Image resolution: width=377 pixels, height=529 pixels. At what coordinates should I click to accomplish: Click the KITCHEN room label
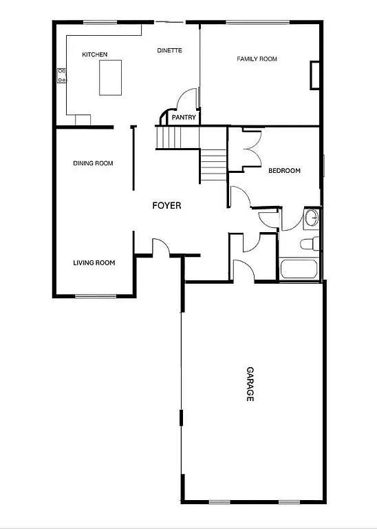point(94,54)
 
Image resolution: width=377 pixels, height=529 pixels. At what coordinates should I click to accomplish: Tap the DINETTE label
point(169,50)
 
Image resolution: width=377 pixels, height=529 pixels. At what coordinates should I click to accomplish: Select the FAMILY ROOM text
point(257,59)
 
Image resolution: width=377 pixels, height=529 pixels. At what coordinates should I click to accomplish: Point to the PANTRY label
point(184,118)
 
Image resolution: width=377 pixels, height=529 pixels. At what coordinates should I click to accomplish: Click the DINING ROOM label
point(93,163)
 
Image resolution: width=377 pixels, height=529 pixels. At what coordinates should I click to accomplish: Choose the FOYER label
point(166,205)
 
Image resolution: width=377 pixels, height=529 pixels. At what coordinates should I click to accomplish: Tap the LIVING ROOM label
point(94,262)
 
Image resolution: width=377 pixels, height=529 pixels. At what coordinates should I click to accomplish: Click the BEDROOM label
point(284,171)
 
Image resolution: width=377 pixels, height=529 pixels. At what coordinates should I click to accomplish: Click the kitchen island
point(111,77)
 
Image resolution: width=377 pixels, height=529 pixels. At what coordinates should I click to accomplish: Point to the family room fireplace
point(315,75)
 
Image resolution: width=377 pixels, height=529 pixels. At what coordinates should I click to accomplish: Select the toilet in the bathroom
point(310,243)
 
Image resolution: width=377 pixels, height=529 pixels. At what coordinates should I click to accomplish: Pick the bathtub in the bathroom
point(299,269)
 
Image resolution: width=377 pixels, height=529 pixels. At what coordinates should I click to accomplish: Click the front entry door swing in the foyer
point(160,246)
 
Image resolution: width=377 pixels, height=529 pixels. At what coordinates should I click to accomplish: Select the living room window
point(96,296)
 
